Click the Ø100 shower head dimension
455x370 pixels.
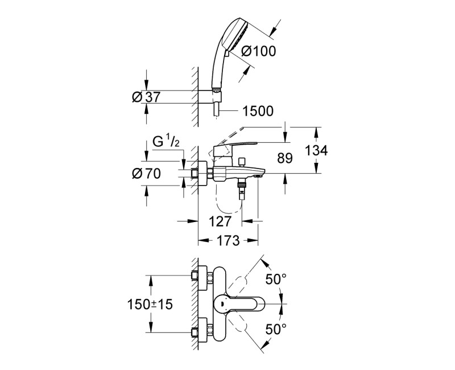tap(259, 51)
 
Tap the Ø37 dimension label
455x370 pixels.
tap(146, 97)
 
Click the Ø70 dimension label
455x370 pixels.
tap(146, 175)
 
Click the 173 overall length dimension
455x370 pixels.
tap(227, 241)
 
